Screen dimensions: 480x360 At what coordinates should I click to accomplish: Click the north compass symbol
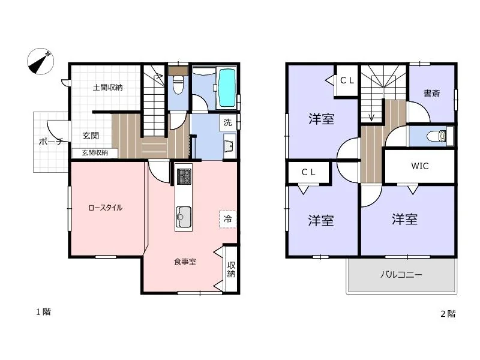40,61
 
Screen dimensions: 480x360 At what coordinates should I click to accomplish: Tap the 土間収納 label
108,88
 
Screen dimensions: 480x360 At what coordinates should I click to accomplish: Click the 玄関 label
91,136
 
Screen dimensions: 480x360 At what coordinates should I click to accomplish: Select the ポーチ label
51,142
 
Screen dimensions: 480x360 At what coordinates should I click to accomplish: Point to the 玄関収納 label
95,153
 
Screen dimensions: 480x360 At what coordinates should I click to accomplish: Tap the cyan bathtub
227,88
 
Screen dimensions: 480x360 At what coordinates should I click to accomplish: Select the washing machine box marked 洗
228,122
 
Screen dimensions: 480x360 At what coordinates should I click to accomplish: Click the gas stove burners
184,176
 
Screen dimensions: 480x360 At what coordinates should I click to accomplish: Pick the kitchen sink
184,217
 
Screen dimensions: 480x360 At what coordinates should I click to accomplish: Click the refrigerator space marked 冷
228,219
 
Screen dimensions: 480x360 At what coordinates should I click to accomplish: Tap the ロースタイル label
106,208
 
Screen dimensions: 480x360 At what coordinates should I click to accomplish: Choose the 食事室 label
185,262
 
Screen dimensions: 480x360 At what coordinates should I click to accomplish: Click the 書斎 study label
431,94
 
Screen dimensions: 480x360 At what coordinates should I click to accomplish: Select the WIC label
419,166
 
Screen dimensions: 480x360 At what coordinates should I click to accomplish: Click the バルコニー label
401,274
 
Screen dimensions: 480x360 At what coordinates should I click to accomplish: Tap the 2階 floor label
448,314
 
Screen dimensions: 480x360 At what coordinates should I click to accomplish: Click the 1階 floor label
43,312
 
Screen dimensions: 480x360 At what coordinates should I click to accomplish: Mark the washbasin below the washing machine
229,146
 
